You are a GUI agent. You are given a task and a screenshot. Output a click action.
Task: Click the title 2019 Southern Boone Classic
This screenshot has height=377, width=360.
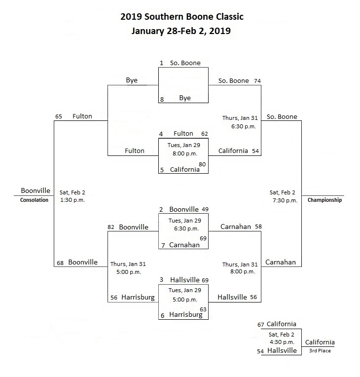pyautogui.click(x=182, y=17)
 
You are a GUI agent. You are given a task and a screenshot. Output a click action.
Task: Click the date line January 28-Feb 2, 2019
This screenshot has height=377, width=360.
pyautogui.click(x=181, y=31)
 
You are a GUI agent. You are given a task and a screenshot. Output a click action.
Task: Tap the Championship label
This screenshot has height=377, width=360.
pyautogui.click(x=324, y=200)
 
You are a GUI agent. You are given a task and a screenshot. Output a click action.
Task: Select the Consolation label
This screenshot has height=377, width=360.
pyautogui.click(x=34, y=200)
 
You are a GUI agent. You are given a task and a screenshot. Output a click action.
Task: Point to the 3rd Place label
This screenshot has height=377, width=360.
pyautogui.click(x=320, y=351)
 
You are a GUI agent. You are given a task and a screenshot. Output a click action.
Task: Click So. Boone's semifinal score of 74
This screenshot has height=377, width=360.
pyautogui.click(x=257, y=81)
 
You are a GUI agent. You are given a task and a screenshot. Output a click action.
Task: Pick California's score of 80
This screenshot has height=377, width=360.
pyautogui.click(x=202, y=164)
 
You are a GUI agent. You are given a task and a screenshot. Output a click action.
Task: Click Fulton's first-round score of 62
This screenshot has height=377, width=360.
pyautogui.click(x=205, y=134)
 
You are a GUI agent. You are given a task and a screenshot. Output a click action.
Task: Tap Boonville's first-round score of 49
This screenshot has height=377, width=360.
pyautogui.click(x=205, y=209)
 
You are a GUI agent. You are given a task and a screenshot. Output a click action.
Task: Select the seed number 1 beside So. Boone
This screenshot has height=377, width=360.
pyautogui.click(x=161, y=63)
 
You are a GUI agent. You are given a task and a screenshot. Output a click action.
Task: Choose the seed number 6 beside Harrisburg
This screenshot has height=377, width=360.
pyautogui.click(x=162, y=315)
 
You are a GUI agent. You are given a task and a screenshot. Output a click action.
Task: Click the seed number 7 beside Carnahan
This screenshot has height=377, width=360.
pyautogui.click(x=163, y=245)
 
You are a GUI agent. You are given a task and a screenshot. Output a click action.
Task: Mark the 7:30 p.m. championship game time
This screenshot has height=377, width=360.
pyautogui.click(x=285, y=200)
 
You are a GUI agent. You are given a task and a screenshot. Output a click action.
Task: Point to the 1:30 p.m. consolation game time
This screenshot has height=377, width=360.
pyautogui.click(x=72, y=200)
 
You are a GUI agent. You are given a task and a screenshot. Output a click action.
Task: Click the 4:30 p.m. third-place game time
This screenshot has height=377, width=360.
pyautogui.click(x=282, y=342)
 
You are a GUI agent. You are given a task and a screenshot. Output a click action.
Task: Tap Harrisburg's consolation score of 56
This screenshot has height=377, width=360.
pyautogui.click(x=114, y=298)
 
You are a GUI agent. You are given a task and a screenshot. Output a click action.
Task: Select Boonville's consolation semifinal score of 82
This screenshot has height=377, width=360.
pyautogui.click(x=111, y=227)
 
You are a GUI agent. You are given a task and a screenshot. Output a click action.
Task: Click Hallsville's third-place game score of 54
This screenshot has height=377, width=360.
pyautogui.click(x=260, y=351)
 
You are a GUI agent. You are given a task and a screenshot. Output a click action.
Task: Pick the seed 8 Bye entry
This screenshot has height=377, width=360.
pyautogui.click(x=185, y=98)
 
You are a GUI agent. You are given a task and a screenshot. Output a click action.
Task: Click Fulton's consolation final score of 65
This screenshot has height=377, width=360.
pyautogui.click(x=59, y=116)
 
